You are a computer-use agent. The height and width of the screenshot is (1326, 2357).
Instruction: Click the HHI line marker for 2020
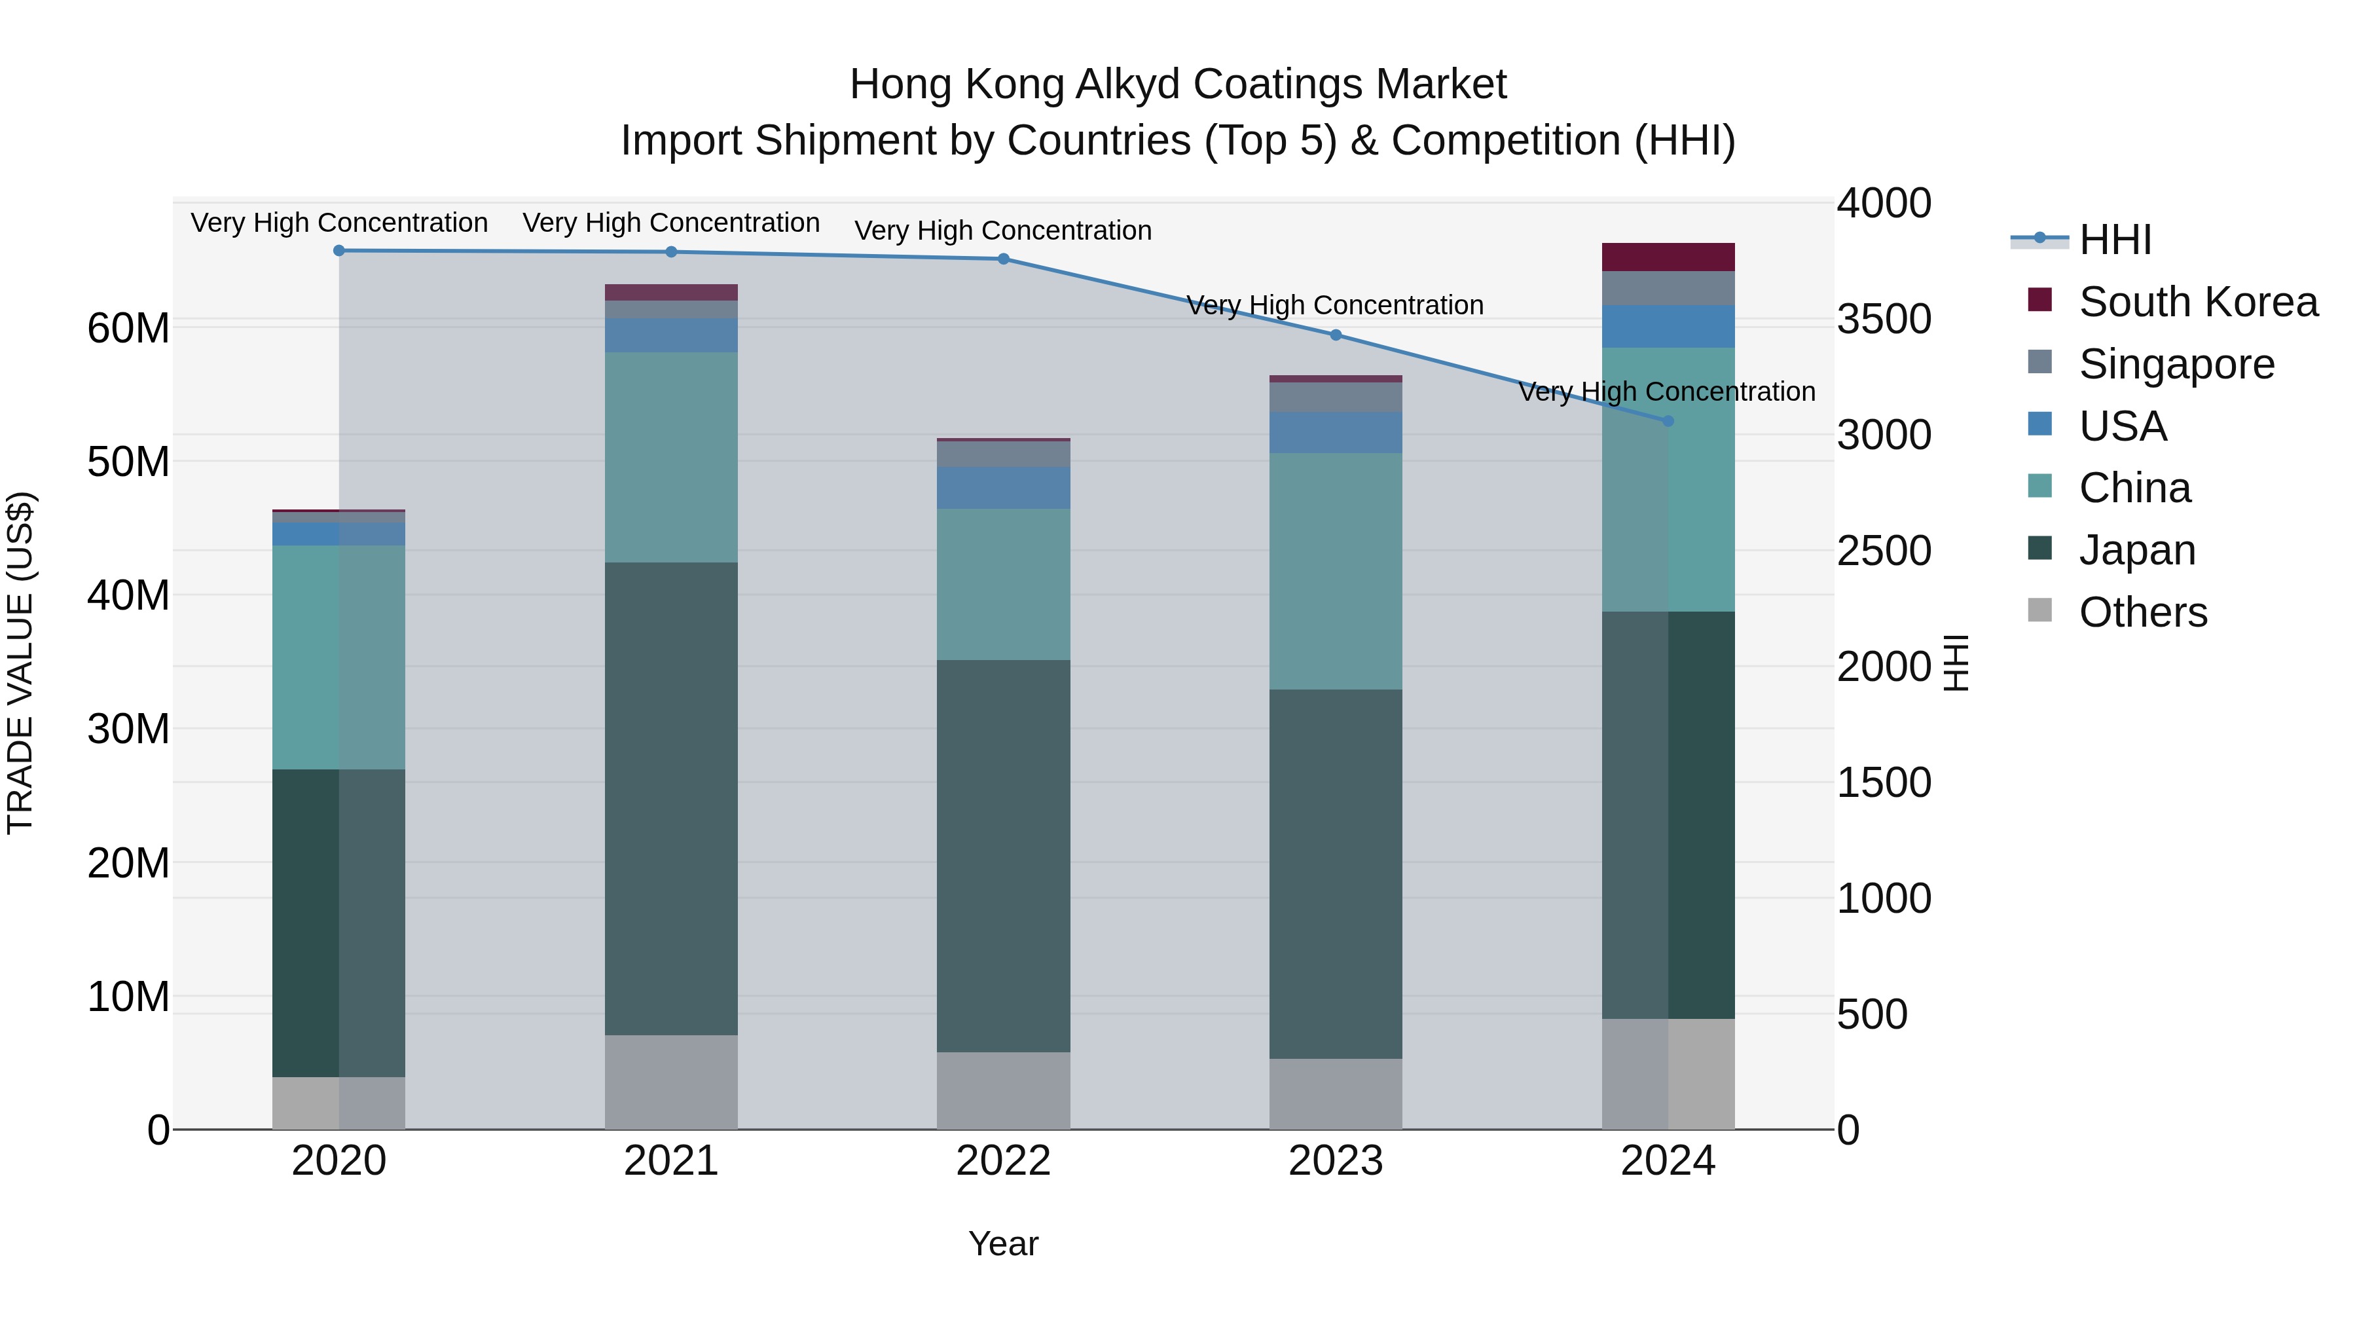(338, 251)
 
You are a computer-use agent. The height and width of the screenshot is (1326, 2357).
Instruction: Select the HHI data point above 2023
(1335, 335)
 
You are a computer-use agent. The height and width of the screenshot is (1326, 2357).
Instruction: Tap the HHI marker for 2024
(1667, 421)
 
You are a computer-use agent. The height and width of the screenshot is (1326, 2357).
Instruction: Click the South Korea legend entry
(2198, 302)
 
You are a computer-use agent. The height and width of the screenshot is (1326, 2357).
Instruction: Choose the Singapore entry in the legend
(2176, 364)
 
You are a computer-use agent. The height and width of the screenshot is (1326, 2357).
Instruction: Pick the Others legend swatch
(2039, 610)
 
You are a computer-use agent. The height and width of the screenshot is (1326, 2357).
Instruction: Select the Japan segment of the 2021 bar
(670, 798)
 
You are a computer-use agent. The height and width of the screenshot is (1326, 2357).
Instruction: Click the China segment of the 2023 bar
(1335, 571)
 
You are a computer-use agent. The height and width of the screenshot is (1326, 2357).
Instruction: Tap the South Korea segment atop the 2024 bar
(1667, 257)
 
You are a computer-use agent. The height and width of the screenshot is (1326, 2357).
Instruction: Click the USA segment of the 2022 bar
(1003, 488)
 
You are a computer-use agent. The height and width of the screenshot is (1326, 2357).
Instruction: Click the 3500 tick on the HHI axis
(1883, 320)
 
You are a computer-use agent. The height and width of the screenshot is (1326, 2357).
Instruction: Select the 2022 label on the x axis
(1003, 1161)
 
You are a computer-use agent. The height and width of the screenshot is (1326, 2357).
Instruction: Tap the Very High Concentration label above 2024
(1666, 392)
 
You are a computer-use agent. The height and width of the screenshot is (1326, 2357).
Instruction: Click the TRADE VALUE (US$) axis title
(20, 663)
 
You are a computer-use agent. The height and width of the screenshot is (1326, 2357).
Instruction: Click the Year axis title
(1003, 1243)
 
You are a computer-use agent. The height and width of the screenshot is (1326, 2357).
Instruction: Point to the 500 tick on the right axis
(1871, 1014)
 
